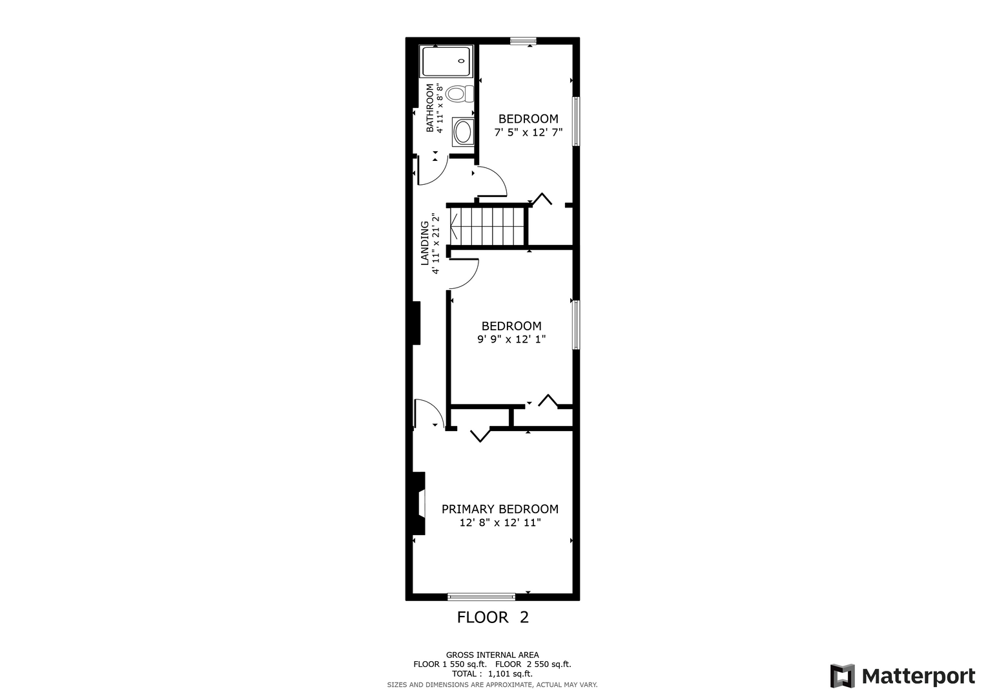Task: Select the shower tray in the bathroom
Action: [446, 61]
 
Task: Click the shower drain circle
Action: [461, 61]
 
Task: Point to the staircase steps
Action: [488, 226]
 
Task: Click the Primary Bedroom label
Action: [500, 509]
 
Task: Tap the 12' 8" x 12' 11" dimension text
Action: [500, 523]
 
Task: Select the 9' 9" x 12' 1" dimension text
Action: [511, 339]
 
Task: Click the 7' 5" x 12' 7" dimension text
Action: [528, 132]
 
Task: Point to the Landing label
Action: [425, 243]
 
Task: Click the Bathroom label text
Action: [429, 108]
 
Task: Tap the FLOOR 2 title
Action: [493, 617]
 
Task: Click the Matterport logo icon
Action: [843, 676]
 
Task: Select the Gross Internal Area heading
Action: [492, 655]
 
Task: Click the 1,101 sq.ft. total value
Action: [510, 673]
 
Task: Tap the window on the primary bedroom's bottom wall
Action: [481, 597]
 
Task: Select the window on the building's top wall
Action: [524, 41]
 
